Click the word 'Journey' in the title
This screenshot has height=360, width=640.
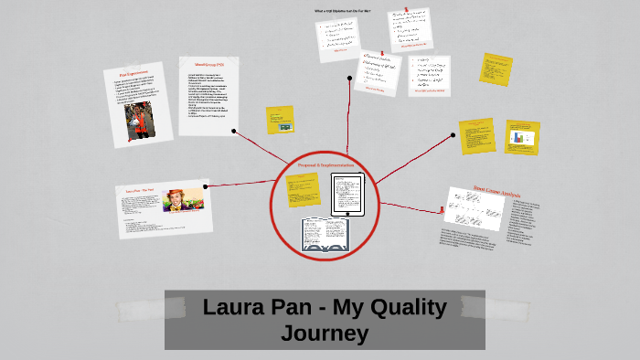pos(325,334)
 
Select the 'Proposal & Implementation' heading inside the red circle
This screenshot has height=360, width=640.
pos(325,164)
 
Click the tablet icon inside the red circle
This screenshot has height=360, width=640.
pos(347,196)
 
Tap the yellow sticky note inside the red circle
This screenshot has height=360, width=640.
pos(303,191)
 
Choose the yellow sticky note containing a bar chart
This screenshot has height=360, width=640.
pos(522,137)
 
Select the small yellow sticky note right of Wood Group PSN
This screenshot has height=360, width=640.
pos(280,120)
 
